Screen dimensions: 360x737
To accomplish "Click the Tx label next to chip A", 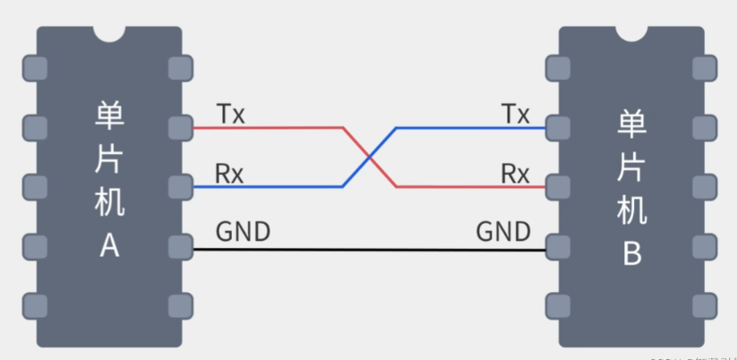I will coord(230,114).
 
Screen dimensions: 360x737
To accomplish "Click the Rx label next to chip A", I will coord(229,173).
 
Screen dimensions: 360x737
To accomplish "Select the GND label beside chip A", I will coord(243,232).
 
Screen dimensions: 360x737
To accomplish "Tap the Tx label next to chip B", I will coord(515,114).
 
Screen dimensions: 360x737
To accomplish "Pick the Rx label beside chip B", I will coord(515,173).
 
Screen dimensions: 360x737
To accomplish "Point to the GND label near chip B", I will coord(502,232).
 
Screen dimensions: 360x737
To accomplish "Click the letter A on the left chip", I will coord(109,245).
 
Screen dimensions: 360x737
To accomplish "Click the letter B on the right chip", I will coord(631,255).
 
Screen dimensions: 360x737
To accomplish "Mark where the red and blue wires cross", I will coord(369,158).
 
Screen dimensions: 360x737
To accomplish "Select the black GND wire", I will coord(369,250).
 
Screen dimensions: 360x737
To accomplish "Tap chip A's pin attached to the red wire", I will coord(180,127).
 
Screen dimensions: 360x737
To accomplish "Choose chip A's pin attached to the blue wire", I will coord(180,186).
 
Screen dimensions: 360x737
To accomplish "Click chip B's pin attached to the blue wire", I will coord(558,127).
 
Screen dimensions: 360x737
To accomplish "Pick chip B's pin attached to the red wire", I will coord(558,186).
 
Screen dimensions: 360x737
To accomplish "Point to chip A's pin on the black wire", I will coord(180,246).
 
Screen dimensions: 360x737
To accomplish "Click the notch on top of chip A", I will coord(109,32).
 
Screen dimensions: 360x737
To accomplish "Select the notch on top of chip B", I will coord(632,32).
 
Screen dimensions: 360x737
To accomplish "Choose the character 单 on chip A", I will coord(109,116).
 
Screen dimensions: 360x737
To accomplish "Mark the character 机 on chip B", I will coord(631,211).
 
